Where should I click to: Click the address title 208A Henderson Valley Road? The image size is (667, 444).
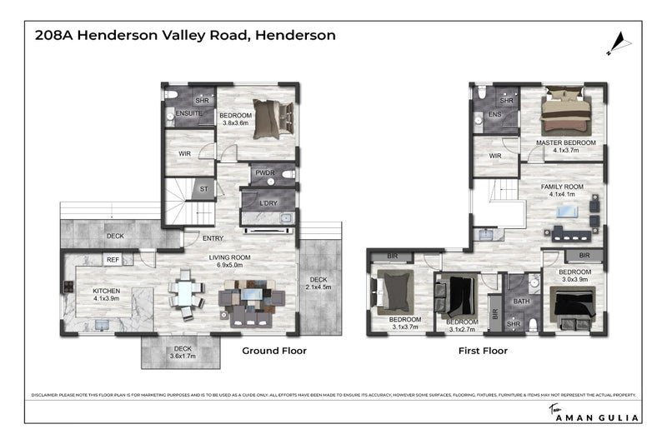(185, 35)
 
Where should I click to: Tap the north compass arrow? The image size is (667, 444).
(618, 42)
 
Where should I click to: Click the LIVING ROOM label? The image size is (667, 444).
(229, 258)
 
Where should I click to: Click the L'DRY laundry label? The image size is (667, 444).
(268, 204)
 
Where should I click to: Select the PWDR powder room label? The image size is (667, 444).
(266, 173)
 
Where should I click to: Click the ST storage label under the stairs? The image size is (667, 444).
(203, 190)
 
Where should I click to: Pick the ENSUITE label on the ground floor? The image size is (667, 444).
(188, 112)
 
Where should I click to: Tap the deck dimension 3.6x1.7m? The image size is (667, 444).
(182, 357)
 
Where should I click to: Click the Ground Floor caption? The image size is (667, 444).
(274, 351)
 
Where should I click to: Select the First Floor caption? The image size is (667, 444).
(483, 351)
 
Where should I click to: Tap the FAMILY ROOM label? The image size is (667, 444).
(562, 187)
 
